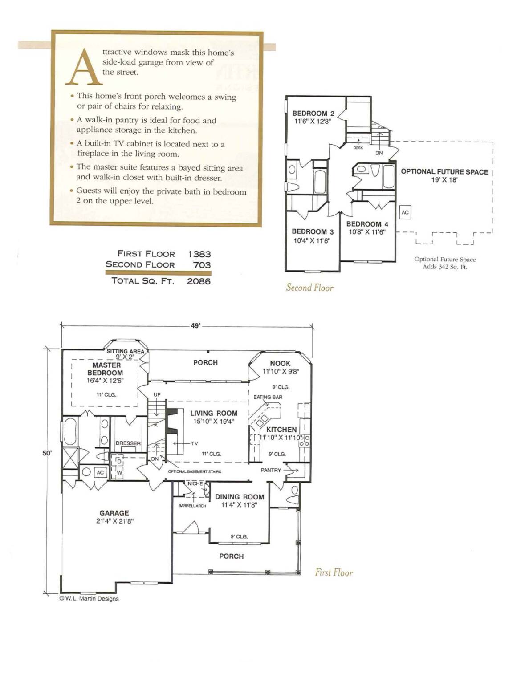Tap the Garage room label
114,513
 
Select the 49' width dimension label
195,326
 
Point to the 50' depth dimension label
47,453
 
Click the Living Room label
214,413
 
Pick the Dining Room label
240,497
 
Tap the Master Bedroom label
105,369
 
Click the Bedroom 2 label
313,114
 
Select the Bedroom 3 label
313,231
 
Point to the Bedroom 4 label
367,224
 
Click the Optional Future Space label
444,171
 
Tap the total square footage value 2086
199,281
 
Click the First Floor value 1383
199,254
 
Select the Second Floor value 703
202,265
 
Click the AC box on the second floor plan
405,212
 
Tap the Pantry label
271,470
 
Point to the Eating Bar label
268,397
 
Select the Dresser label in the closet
128,443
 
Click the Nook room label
280,363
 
